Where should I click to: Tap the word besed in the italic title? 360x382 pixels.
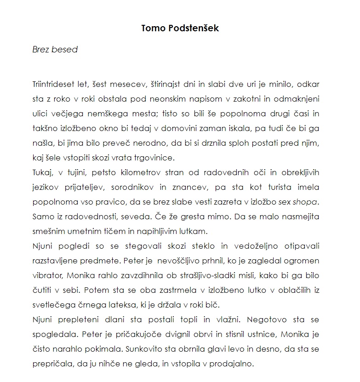point(65,50)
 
